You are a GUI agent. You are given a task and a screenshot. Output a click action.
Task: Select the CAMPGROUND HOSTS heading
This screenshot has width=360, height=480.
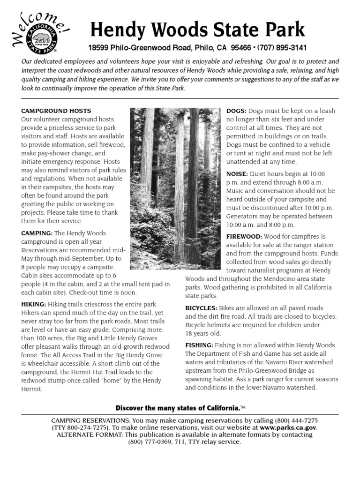point(56,111)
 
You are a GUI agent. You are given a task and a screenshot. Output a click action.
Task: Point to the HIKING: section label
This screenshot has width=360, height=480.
point(34,304)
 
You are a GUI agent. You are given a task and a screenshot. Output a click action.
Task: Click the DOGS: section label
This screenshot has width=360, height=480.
point(236,111)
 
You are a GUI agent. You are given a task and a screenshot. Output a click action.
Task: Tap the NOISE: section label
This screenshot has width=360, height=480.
point(237,173)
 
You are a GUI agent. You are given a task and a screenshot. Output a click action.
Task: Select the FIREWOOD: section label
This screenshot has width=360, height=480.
point(242,236)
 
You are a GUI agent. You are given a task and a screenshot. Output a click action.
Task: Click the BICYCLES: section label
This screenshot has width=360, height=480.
point(201,308)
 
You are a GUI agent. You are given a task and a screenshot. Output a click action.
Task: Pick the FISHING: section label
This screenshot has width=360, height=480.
point(199,345)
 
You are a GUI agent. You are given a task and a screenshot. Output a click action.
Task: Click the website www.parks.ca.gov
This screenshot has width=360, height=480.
point(288,427)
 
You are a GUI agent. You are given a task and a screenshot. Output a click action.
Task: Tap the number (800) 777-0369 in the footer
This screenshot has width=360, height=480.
point(151,442)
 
